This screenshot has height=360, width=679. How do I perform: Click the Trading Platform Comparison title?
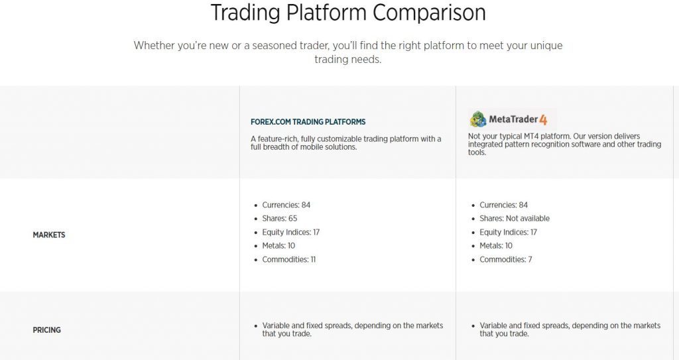click(x=348, y=12)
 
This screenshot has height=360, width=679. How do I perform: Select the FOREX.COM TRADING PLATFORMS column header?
click(x=308, y=122)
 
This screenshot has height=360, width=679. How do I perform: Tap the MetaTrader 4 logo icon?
click(x=478, y=119)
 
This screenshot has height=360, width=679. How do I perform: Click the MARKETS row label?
click(x=49, y=235)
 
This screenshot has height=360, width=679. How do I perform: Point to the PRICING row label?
click(x=47, y=330)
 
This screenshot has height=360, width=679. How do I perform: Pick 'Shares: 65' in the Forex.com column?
click(x=280, y=218)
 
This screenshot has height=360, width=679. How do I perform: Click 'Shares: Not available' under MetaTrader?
click(x=515, y=218)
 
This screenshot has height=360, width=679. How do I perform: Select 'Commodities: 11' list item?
click(x=289, y=259)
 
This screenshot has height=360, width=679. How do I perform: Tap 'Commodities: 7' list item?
click(x=506, y=259)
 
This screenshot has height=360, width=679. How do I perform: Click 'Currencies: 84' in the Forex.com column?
click(x=286, y=205)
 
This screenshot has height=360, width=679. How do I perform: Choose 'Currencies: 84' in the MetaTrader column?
click(x=504, y=205)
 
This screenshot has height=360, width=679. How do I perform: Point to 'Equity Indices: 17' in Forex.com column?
click(x=291, y=232)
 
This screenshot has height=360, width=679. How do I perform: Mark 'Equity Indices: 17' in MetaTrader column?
click(x=509, y=232)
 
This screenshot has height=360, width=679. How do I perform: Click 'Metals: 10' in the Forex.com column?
click(x=278, y=245)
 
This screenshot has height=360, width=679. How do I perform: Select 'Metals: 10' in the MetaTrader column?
click(x=496, y=245)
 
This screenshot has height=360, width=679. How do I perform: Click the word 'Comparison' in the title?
click(x=429, y=13)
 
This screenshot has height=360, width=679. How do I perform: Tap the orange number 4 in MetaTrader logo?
click(x=543, y=120)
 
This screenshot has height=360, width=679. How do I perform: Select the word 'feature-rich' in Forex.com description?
click(x=278, y=139)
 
